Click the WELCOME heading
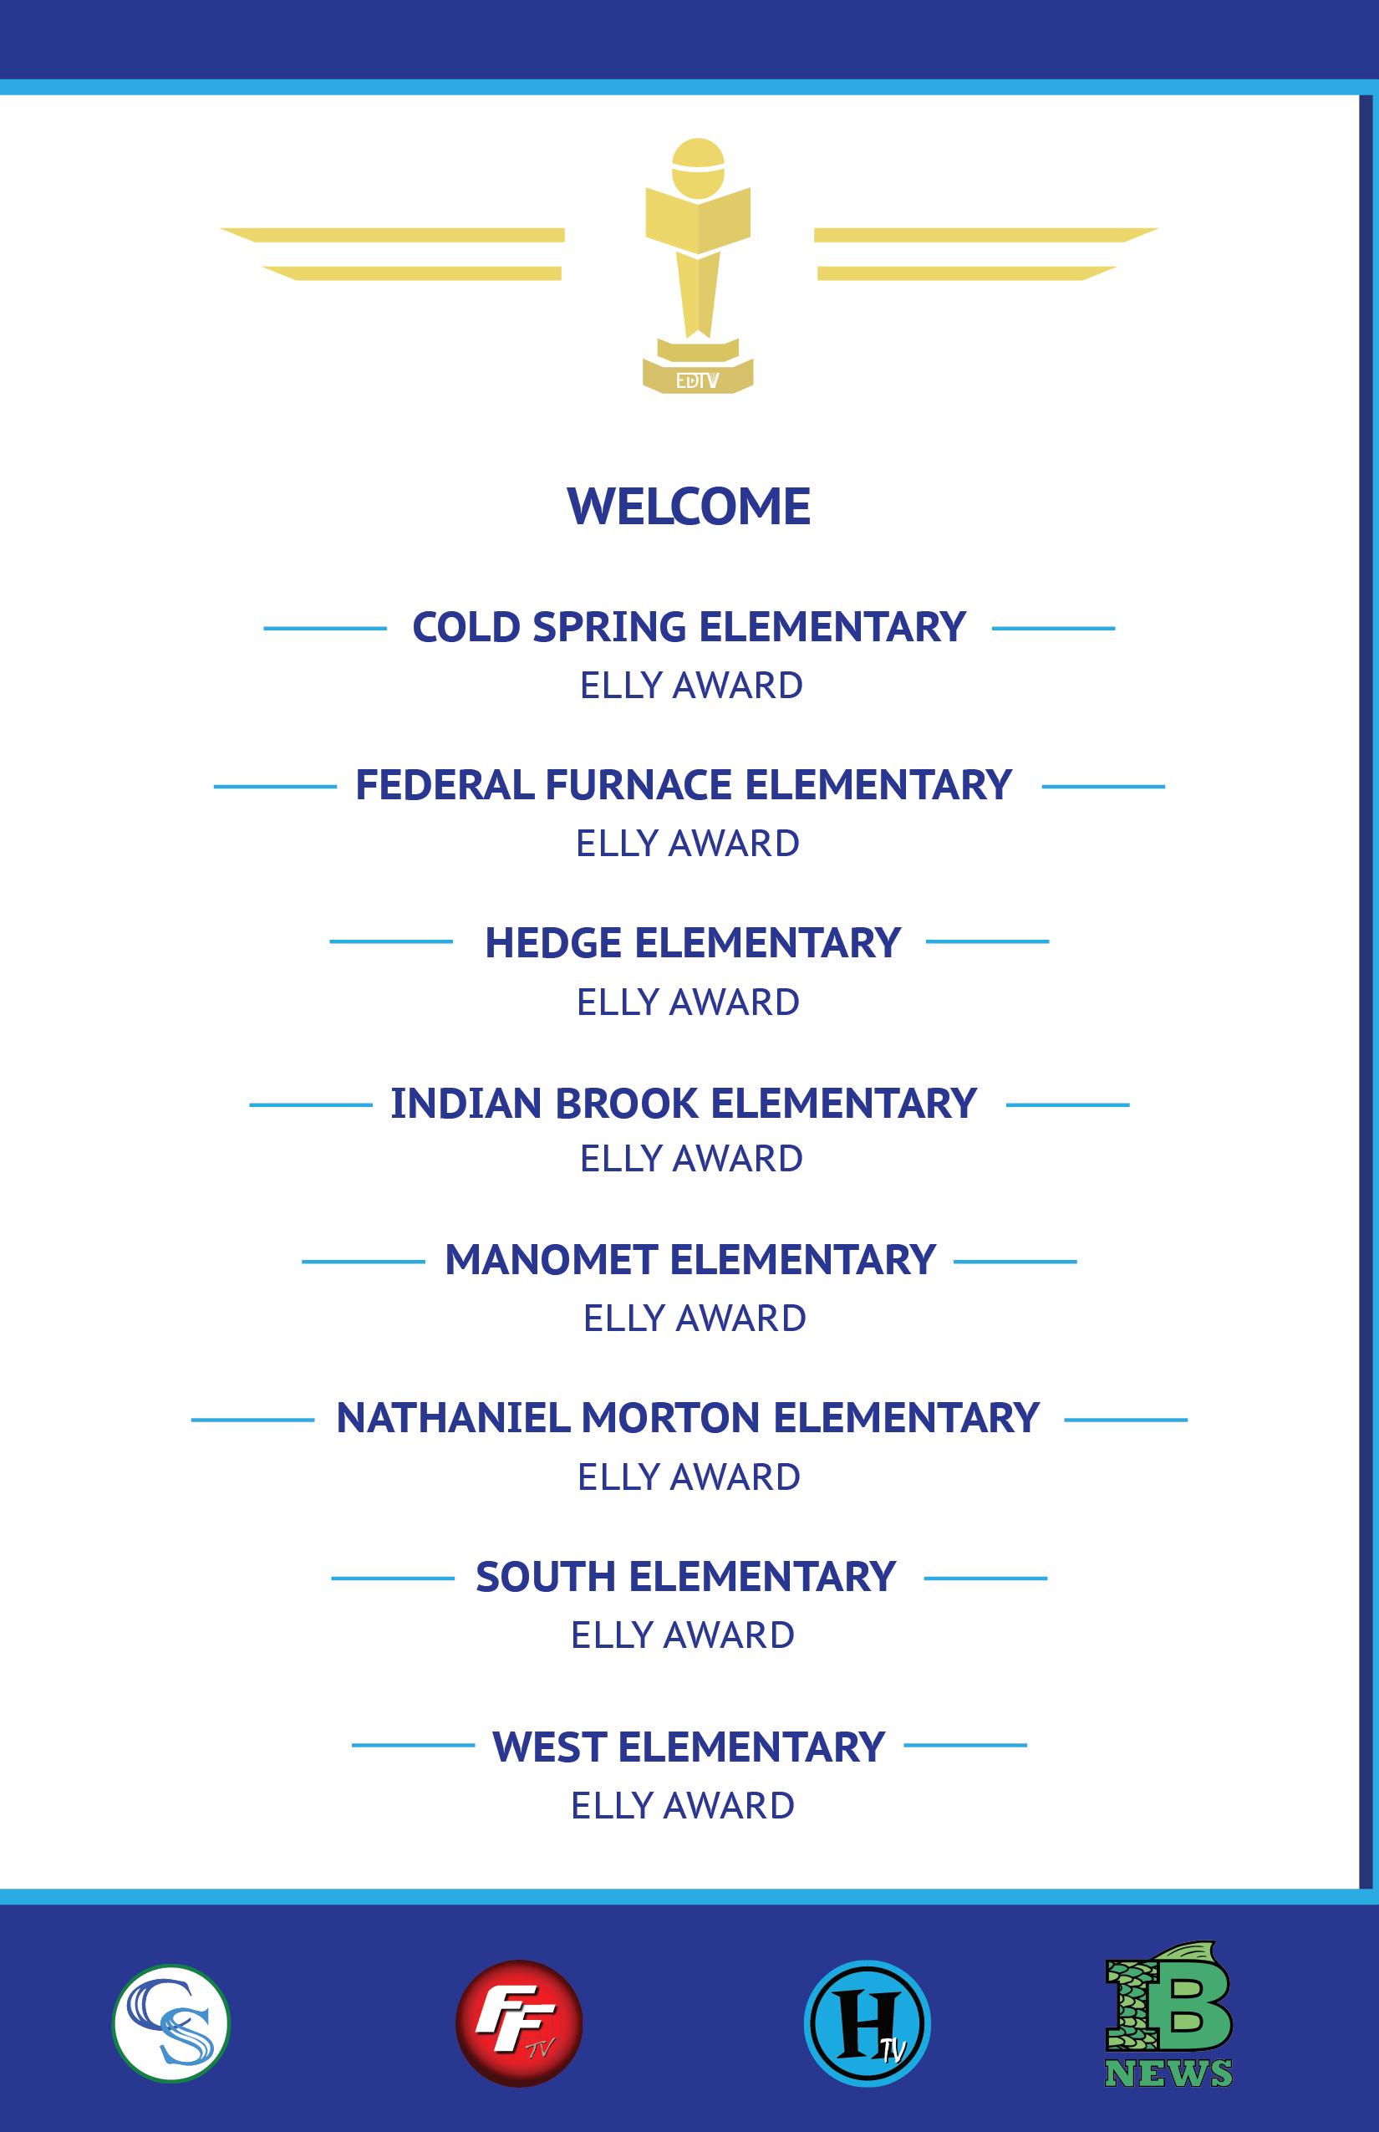pyautogui.click(x=689, y=507)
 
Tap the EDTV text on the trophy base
pyautogui.click(x=698, y=380)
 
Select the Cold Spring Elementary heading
pyautogui.click(x=689, y=627)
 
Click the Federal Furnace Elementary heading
pyautogui.click(x=684, y=785)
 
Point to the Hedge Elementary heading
pyautogui.click(x=692, y=942)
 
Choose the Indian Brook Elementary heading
pyautogui.click(x=684, y=1103)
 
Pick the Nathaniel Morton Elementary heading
pyautogui.click(x=687, y=1418)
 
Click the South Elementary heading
pyautogui.click(x=685, y=1577)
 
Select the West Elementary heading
pyautogui.click(x=689, y=1747)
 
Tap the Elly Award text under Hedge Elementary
pyautogui.click(x=688, y=1002)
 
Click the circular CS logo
pyautogui.click(x=171, y=2022)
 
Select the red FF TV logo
pyautogui.click(x=519, y=2022)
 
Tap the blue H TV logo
pyautogui.click(x=867, y=2022)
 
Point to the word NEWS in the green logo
pyautogui.click(x=1168, y=2073)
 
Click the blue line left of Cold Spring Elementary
pyautogui.click(x=324, y=629)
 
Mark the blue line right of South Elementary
pyautogui.click(x=985, y=1579)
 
